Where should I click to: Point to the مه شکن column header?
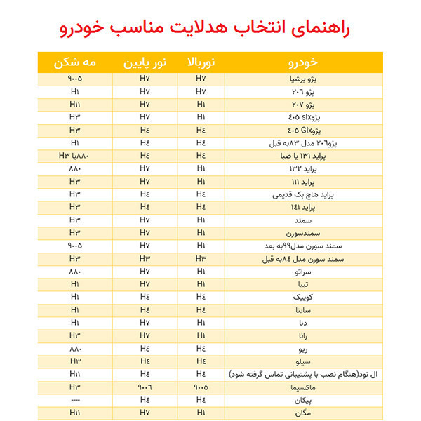tap(75, 62)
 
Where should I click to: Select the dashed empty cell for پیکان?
tap(75, 399)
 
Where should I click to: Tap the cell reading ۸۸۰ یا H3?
tap(75, 155)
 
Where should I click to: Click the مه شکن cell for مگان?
tap(75, 412)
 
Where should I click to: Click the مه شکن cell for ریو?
tap(75, 348)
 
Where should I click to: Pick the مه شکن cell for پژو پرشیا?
tap(75, 79)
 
